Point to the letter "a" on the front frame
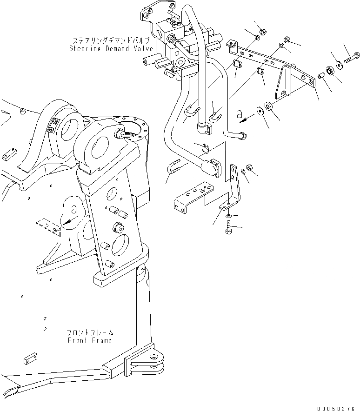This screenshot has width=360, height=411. [x=74, y=206]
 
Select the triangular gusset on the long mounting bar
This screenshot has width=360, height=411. [x=283, y=83]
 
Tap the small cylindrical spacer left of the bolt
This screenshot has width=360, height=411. [x=321, y=75]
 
